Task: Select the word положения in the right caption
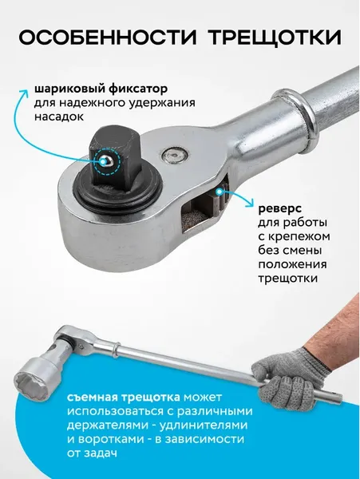click(291, 263)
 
